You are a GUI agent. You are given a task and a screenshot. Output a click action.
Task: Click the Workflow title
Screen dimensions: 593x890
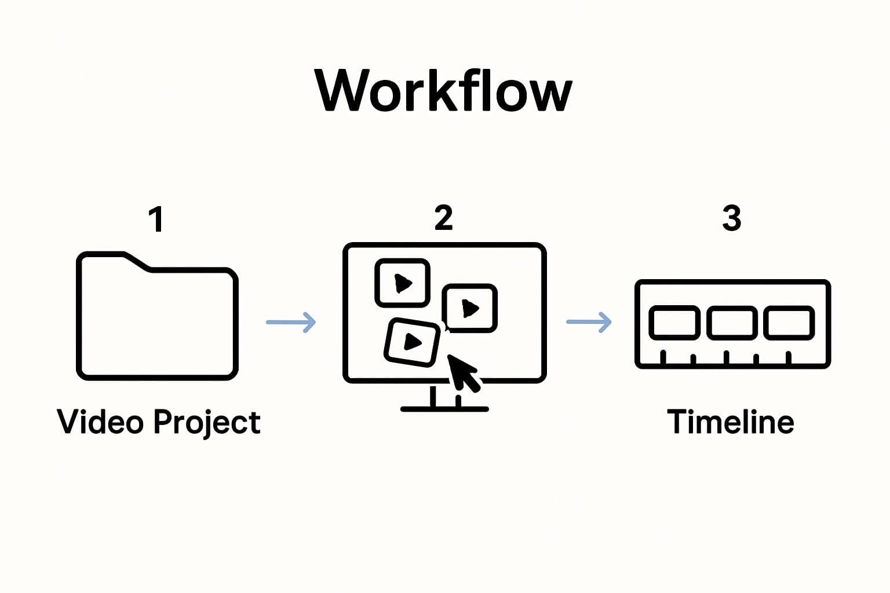pyautogui.click(x=444, y=91)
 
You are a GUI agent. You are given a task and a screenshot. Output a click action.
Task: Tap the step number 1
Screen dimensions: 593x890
pyautogui.click(x=155, y=219)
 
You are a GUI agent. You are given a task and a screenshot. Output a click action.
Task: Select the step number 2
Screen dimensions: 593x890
pyautogui.click(x=443, y=218)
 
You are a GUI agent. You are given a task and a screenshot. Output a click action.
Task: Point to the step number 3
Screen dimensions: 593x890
pyautogui.click(x=731, y=218)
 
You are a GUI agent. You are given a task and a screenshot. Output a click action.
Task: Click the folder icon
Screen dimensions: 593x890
pyautogui.click(x=157, y=321)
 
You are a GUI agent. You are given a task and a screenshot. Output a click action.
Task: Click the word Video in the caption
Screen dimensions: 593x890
pyautogui.click(x=100, y=421)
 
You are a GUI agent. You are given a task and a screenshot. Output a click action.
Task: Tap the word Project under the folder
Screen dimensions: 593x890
pyautogui.click(x=207, y=422)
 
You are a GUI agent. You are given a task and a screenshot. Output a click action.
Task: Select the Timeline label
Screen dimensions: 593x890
pyautogui.click(x=730, y=421)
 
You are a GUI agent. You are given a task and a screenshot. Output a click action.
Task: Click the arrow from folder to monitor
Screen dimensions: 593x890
pyautogui.click(x=291, y=322)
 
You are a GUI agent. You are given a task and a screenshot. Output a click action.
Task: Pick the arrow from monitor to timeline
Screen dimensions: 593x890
pyautogui.click(x=589, y=322)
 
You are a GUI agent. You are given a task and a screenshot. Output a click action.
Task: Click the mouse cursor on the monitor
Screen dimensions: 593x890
pyautogui.click(x=464, y=372)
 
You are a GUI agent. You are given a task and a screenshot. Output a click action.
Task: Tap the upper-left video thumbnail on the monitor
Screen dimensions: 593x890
pyautogui.click(x=402, y=283)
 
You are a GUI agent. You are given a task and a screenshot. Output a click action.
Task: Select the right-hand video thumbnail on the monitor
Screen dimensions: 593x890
pyautogui.click(x=469, y=308)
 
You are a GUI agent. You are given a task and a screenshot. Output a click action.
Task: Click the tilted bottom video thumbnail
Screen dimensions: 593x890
pyautogui.click(x=412, y=342)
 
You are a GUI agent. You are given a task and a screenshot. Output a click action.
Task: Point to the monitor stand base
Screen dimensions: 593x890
pyautogui.click(x=444, y=408)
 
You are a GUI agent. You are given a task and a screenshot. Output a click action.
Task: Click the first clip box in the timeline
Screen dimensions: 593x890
pyautogui.click(x=674, y=323)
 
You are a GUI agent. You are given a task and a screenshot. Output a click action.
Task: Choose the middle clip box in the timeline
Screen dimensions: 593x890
pyautogui.click(x=732, y=323)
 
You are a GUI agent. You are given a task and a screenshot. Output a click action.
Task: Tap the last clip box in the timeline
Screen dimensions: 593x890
pyautogui.click(x=789, y=323)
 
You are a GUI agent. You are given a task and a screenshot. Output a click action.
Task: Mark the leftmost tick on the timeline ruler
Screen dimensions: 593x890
pyautogui.click(x=663, y=357)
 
